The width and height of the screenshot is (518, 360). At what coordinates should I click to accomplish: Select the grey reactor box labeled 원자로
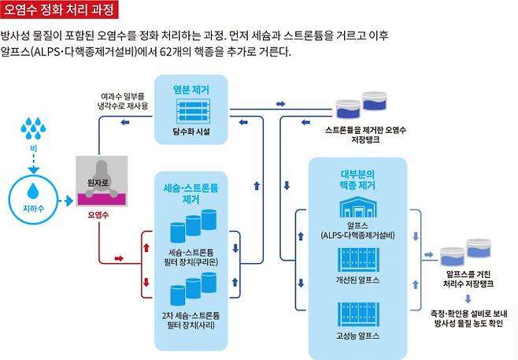[x=102, y=180]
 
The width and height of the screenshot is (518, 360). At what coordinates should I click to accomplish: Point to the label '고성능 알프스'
[x=357, y=335]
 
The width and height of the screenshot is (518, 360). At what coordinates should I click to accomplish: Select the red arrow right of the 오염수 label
[x=119, y=257]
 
